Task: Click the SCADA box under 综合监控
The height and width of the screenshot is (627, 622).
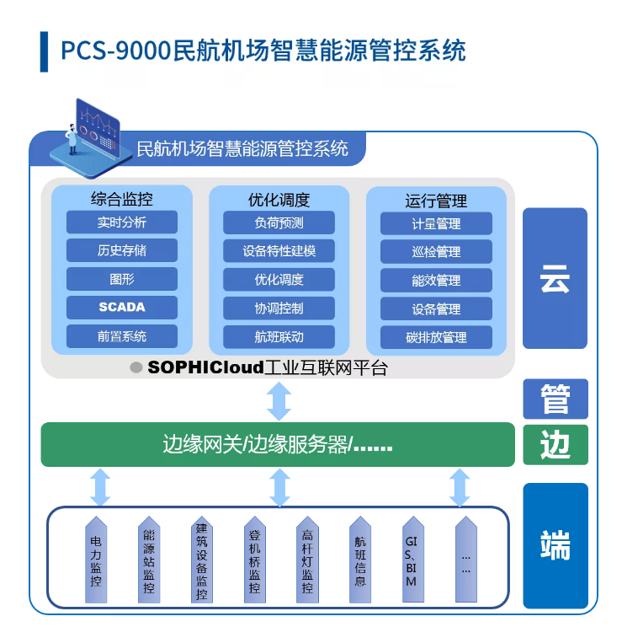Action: (x=122, y=307)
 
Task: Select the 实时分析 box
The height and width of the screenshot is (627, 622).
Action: (x=122, y=222)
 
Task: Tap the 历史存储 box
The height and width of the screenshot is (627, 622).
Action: (x=122, y=250)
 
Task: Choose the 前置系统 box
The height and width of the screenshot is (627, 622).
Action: (x=122, y=335)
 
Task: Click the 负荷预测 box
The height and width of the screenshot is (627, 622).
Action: (x=279, y=222)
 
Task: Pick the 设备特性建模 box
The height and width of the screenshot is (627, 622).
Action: (x=279, y=251)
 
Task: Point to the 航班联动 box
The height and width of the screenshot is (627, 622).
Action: (x=279, y=336)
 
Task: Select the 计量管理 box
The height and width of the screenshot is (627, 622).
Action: (x=436, y=223)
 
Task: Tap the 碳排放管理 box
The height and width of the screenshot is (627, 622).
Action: (x=436, y=337)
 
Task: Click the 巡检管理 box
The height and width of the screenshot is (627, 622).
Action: (x=436, y=252)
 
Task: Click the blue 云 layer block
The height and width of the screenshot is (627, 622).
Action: (x=555, y=278)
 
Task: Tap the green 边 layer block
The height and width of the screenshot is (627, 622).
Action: (x=555, y=444)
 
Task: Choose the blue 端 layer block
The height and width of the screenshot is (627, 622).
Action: (x=555, y=545)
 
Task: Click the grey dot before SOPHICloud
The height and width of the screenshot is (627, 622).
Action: (x=135, y=367)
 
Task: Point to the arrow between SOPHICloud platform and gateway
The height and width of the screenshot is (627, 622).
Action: (x=279, y=401)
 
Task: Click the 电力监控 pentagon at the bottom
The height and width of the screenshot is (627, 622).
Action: (x=96, y=556)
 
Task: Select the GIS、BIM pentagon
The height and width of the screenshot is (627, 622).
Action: (x=411, y=556)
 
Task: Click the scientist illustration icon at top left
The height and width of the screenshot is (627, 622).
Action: (x=85, y=135)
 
